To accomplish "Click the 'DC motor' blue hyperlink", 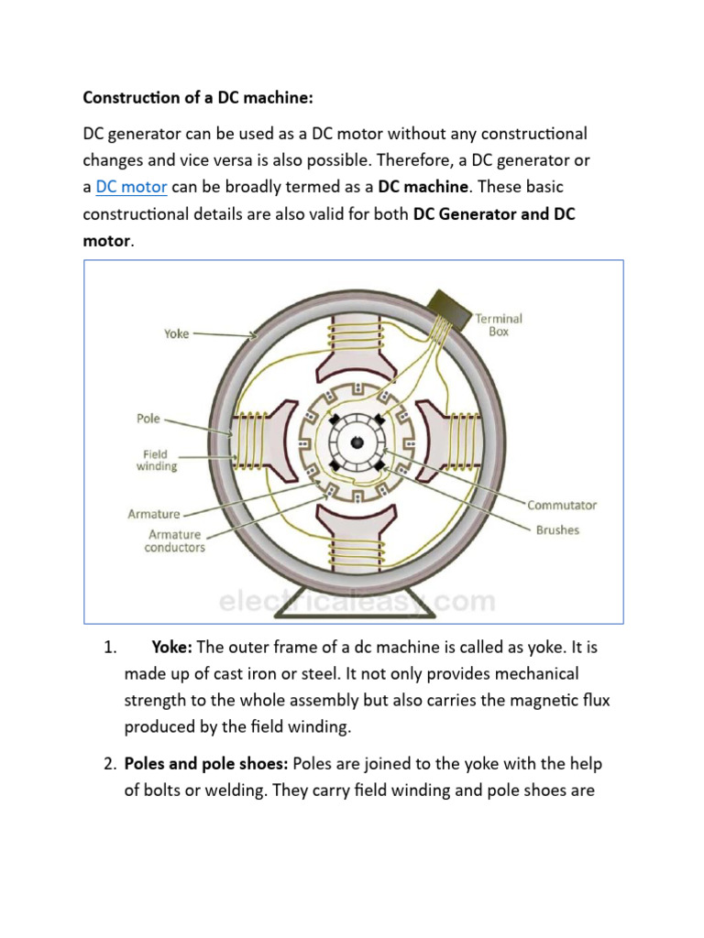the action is click(x=131, y=188).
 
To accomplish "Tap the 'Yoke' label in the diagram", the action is click(x=176, y=334).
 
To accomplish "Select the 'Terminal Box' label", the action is click(x=499, y=325).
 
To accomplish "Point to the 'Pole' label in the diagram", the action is click(x=148, y=419).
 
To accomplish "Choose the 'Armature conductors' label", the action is click(x=174, y=541).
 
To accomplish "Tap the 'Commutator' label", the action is click(x=561, y=505).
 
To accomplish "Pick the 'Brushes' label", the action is click(x=557, y=529).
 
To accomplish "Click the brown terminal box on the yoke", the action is click(x=446, y=304).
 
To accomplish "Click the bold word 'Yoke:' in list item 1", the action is click(x=171, y=648).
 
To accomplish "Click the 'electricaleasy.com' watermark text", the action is click(x=357, y=602).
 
